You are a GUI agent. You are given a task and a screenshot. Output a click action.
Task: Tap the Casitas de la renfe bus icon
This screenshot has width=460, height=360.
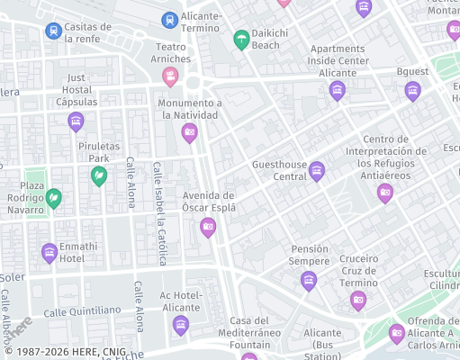coord(54,31)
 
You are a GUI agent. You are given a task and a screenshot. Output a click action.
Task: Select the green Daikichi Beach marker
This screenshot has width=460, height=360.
coord(241,39)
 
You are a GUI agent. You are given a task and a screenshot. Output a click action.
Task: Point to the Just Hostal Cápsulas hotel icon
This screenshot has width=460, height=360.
coord(76,120)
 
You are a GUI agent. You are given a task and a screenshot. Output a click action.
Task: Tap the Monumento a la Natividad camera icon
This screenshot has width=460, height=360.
coord(190,134)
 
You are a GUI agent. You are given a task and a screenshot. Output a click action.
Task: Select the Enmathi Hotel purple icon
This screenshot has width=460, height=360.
coord(50,254)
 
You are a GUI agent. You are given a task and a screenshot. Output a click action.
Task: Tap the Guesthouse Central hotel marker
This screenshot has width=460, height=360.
coord(316,170)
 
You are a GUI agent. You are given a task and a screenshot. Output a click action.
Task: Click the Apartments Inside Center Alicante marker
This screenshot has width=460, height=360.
coord(337,89)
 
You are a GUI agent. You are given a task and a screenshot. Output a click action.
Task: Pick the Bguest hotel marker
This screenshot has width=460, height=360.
coord(412,90)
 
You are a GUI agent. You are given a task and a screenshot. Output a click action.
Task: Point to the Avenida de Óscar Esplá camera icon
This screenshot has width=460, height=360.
coord(208,227)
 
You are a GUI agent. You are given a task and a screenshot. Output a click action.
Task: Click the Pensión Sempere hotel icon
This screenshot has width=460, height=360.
coord(309,280)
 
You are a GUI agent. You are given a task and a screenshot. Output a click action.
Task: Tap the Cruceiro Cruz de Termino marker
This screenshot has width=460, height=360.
coord(358,300)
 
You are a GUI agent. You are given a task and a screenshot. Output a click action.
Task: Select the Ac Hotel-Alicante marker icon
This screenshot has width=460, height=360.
coord(181,324)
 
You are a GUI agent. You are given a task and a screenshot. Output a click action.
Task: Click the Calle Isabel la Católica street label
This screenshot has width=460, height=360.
coord(159,214)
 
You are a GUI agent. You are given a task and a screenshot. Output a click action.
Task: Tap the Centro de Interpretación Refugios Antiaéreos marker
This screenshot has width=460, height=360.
coord(385,192)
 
